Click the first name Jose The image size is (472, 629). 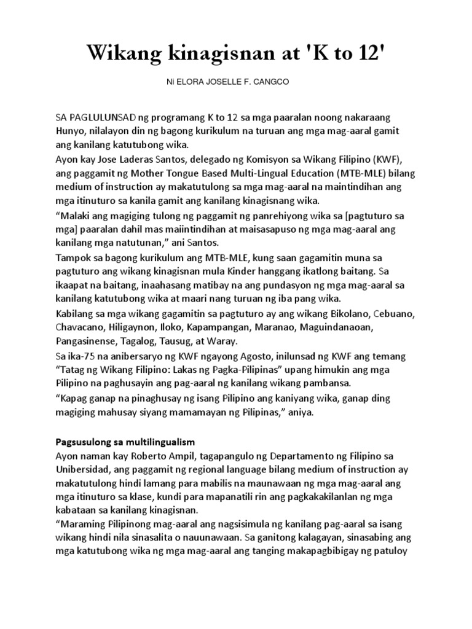point(113,160)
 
